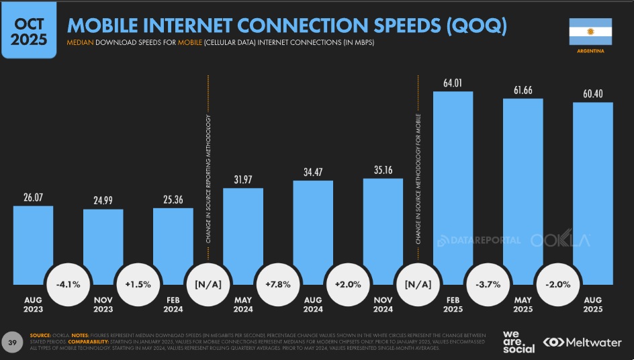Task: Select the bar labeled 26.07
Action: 33,242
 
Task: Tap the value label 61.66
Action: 523,89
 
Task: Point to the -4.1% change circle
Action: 68,284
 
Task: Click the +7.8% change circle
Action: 278,284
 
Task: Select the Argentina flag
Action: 590,31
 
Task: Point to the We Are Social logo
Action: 518,341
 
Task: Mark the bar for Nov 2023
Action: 103,245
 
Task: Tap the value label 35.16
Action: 383,170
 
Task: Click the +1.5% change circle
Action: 138,284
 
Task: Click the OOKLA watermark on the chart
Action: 560,240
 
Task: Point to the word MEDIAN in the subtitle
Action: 80,43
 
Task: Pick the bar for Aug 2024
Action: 313,232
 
